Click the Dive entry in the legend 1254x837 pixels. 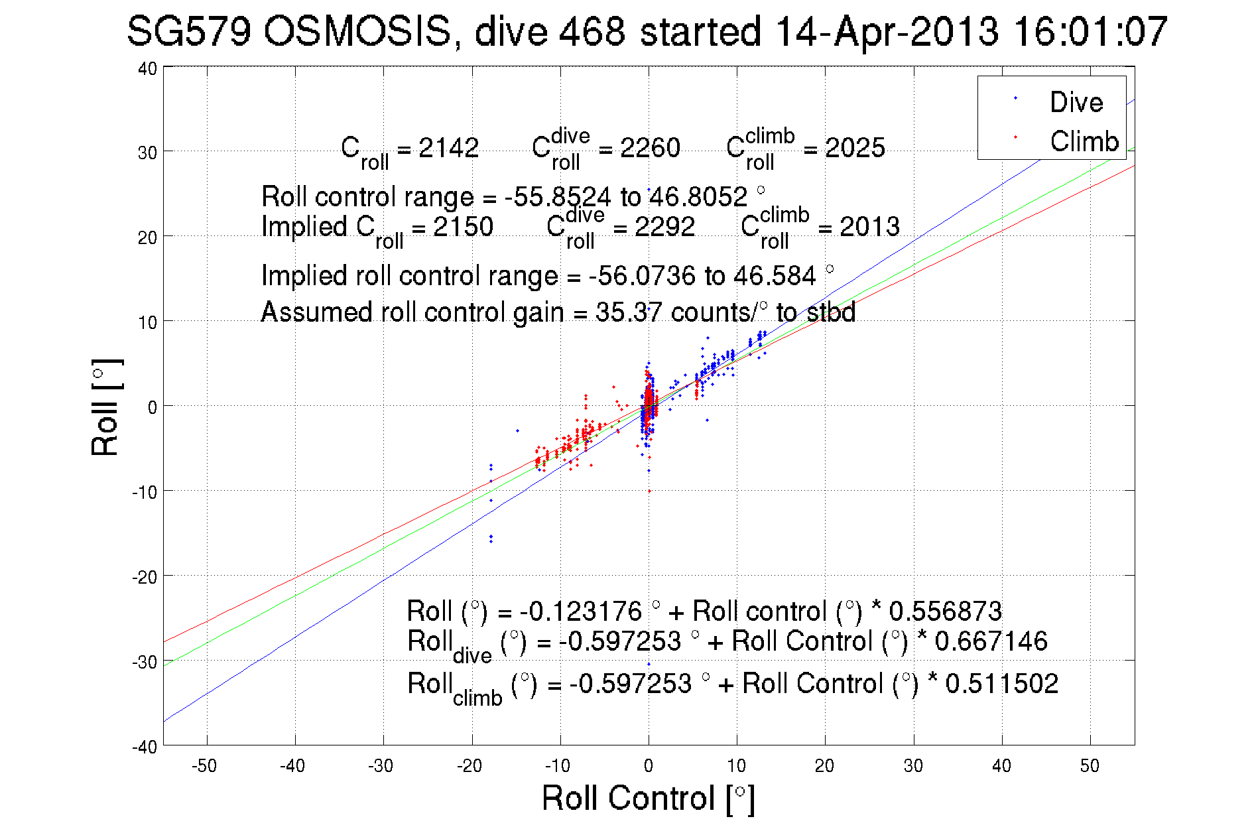point(1076,102)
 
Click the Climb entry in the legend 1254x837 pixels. point(1084,141)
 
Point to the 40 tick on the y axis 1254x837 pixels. point(148,68)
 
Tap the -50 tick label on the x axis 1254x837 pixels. point(204,766)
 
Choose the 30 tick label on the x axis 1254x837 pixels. point(913,766)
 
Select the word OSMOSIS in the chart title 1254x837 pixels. point(357,31)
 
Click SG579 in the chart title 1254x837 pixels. point(188,31)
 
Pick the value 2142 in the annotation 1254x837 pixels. point(448,148)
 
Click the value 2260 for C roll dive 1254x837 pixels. point(650,148)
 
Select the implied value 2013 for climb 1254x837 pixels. point(869,227)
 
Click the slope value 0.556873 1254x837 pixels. point(945,611)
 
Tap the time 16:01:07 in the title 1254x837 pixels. point(1090,31)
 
